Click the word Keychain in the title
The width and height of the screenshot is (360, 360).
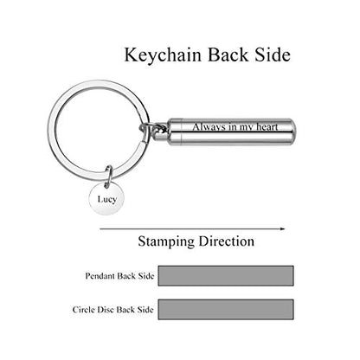click(163, 55)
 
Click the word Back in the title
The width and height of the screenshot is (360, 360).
click(228, 55)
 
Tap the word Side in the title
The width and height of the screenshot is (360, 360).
click(273, 55)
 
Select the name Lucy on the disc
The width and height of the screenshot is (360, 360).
click(107, 199)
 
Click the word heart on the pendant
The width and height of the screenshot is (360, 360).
click(267, 127)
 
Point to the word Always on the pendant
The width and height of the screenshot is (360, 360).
click(209, 127)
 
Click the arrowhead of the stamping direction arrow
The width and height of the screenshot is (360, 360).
click(282, 228)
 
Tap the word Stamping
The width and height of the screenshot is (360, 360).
click(166, 241)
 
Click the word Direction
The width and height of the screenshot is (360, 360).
click(227, 241)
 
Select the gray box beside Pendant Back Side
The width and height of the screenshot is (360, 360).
click(226, 276)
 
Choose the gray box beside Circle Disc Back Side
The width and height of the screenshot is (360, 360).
click(226, 309)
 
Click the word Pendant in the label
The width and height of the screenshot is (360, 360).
click(100, 276)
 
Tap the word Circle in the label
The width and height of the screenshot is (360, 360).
click(84, 310)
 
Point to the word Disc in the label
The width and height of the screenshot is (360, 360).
click(106, 310)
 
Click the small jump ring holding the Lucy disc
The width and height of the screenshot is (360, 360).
click(109, 176)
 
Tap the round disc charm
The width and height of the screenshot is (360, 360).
click(107, 198)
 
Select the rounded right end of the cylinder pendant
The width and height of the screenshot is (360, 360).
click(292, 132)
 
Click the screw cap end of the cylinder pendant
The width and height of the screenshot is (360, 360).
click(175, 132)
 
